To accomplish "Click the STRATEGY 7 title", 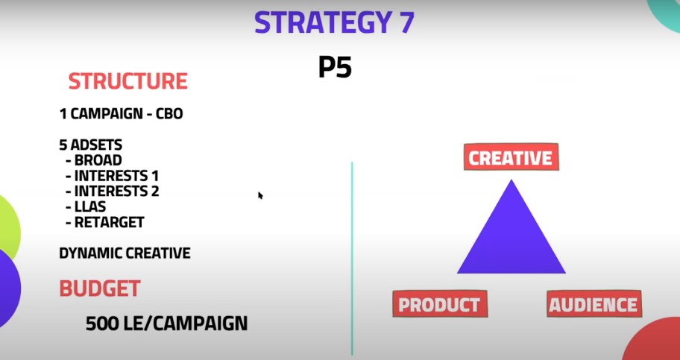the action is (334, 23).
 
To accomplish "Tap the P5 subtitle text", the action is (335, 68).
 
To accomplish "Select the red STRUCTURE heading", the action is (128, 81).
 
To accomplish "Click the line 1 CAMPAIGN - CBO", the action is (121, 114).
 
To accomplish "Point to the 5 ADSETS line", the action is (91, 145).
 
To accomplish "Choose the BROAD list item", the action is (94, 160).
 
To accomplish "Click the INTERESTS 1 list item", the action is (113, 176).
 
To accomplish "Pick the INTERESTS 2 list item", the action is (113, 191).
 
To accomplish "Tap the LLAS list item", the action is (86, 206).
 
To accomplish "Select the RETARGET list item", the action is (105, 222).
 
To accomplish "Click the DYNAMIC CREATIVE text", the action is (125, 253).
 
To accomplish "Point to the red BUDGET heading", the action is (100, 288).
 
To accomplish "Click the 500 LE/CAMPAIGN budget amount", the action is (166, 323).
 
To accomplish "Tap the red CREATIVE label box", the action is (511, 157).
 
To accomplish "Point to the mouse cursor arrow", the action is (260, 195).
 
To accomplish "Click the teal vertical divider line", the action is (352, 259).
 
